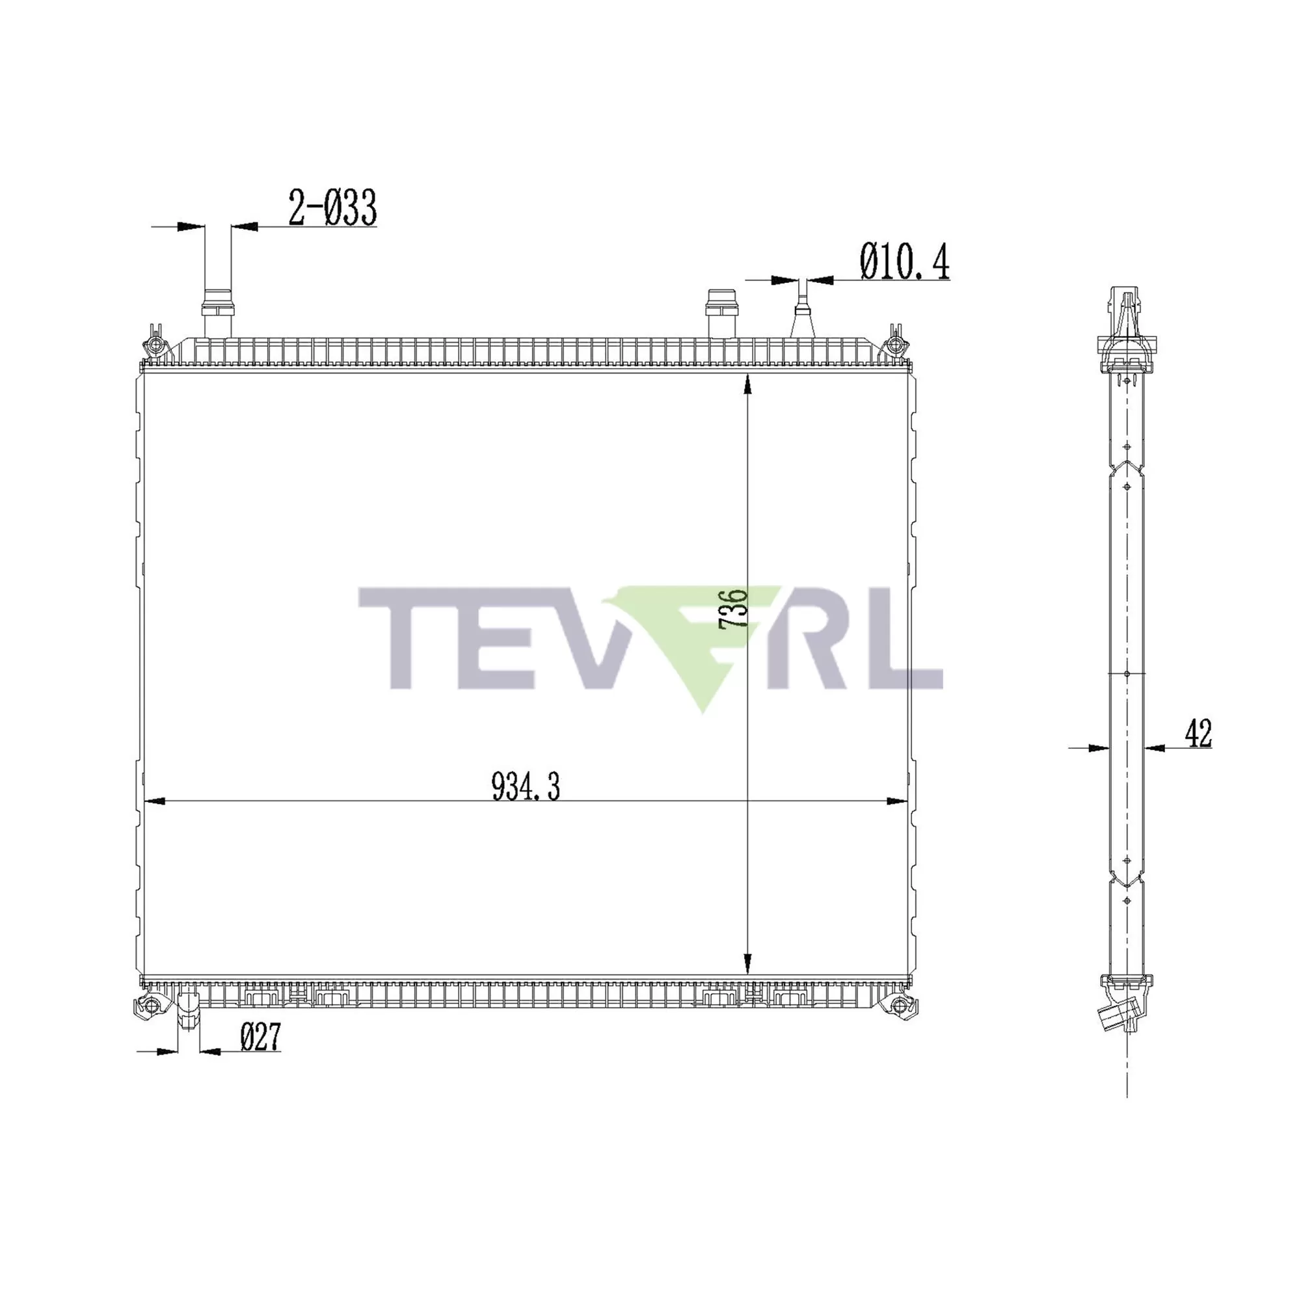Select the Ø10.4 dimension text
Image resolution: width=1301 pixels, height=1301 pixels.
[x=904, y=262]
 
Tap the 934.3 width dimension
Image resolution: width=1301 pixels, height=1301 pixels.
[x=525, y=786]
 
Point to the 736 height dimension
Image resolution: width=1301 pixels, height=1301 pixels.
[x=732, y=609]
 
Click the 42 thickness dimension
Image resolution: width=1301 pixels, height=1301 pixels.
[x=1198, y=733]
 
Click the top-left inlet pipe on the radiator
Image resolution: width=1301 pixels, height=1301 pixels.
[x=217, y=313]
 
